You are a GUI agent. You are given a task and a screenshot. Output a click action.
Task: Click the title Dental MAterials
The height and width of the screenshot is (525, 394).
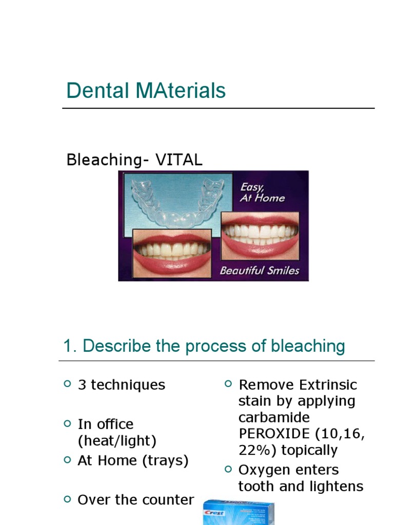pyautogui.click(x=146, y=91)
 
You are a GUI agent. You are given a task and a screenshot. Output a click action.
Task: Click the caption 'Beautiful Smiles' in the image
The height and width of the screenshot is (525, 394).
pyautogui.click(x=259, y=270)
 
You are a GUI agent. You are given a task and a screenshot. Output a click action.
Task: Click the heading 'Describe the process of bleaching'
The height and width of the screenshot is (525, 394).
pyautogui.click(x=213, y=346)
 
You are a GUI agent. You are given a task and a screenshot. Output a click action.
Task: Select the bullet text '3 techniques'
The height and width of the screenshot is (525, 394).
pyautogui.click(x=121, y=385)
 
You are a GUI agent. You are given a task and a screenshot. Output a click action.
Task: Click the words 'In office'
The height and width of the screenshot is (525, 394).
pyautogui.click(x=105, y=425)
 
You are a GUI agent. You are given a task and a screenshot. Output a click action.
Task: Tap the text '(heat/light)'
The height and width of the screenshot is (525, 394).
pyautogui.click(x=117, y=440)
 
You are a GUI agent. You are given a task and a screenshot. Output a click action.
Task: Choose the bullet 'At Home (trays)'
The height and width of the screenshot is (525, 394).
pyautogui.click(x=133, y=460)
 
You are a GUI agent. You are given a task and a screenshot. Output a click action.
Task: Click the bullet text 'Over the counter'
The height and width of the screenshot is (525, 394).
pyautogui.click(x=135, y=500)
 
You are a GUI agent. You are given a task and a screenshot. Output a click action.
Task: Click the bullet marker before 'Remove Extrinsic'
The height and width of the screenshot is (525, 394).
pyautogui.click(x=228, y=383)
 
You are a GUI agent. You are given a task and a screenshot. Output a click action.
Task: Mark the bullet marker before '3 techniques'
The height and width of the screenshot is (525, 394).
pyautogui.click(x=67, y=383)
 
